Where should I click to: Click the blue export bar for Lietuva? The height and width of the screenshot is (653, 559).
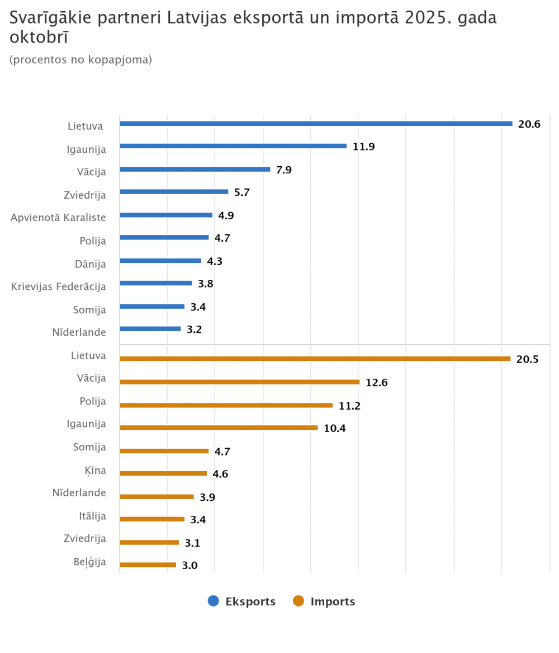[316, 124]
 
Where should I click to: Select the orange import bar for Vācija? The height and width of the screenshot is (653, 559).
[240, 382]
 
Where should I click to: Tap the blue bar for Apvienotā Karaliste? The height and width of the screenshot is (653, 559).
[166, 215]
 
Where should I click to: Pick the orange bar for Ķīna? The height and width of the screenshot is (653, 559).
[163, 473]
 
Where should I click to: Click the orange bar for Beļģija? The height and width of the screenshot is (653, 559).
[148, 565]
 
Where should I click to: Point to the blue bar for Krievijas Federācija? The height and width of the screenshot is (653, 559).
[156, 283]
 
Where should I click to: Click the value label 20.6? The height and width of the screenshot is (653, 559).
[529, 124]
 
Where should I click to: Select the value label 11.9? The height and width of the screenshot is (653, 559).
[363, 147]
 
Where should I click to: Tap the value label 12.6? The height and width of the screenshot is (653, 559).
[376, 383]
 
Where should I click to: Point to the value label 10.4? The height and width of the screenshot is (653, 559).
[334, 429]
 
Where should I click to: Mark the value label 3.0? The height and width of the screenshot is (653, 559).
[190, 566]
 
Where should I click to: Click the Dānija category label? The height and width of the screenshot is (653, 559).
[91, 264]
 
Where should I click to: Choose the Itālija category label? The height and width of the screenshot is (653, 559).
[92, 516]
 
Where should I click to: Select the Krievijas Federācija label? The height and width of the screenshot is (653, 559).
[59, 286]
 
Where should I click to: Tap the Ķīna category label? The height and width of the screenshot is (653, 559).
[96, 470]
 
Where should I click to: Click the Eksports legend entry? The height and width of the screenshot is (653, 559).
[250, 602]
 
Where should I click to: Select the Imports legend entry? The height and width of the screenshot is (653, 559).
[333, 602]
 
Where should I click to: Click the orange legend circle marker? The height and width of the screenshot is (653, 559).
[299, 602]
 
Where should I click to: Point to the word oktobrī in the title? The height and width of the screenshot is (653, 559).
[39, 37]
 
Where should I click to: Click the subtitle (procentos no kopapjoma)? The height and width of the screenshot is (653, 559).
[80, 59]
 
